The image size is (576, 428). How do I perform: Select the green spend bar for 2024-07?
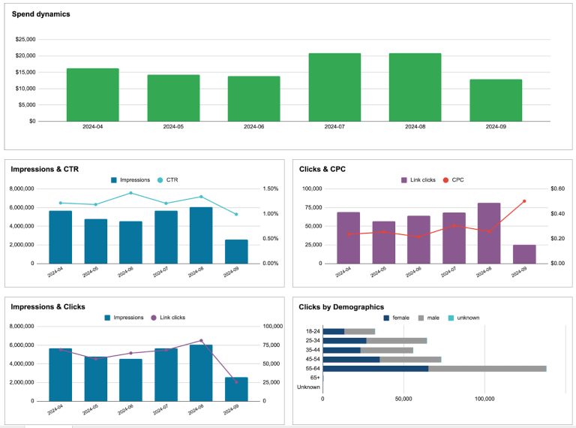tap(334, 87)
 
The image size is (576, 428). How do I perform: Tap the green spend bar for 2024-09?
tap(496, 100)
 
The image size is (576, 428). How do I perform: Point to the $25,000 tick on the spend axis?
tap(25, 39)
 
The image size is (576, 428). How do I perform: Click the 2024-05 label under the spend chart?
tap(173, 127)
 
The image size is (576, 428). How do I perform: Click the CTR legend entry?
tap(172, 179)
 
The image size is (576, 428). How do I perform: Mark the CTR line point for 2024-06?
tap(130, 193)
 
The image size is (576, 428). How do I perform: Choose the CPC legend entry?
tap(457, 179)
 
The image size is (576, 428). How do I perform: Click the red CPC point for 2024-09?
tap(524, 201)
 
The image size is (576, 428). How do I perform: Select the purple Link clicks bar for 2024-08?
tap(489, 233)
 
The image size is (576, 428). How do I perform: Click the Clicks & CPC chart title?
tap(322, 169)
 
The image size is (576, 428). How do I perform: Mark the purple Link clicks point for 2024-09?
tap(236, 382)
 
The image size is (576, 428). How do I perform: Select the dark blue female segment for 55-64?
tap(375, 369)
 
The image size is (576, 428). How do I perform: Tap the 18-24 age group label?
tap(313, 331)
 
